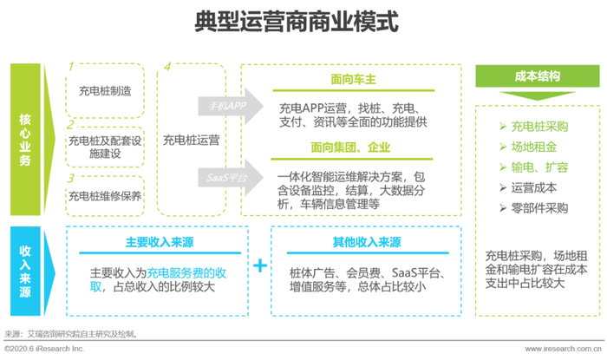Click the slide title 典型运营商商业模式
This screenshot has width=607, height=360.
[x=297, y=22]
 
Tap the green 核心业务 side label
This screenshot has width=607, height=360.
[x=25, y=140]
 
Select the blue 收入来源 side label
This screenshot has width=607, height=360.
[x=25, y=271]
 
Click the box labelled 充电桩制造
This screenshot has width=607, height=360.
[x=105, y=90]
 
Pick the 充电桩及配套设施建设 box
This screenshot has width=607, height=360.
[x=105, y=147]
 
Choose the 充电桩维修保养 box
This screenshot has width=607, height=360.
[x=105, y=196]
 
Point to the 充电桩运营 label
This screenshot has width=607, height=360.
[x=192, y=140]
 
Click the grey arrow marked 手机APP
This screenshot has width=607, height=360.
[x=231, y=106]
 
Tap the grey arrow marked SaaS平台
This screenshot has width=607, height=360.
[x=231, y=178]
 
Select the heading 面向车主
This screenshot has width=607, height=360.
[x=354, y=79]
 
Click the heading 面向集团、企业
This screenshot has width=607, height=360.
[x=350, y=147]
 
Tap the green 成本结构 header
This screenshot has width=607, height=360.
[x=538, y=75]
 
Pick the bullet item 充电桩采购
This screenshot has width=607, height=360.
[x=534, y=127]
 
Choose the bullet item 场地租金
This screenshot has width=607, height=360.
[x=528, y=147]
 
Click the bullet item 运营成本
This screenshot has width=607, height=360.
[x=528, y=187]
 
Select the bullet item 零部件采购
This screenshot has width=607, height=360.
[x=534, y=208]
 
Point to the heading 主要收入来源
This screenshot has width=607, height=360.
[x=160, y=242]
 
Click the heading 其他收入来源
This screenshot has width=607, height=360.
[x=367, y=242]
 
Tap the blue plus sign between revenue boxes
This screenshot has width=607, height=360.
[x=260, y=265]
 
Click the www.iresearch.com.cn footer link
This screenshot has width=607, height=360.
[x=564, y=349]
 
